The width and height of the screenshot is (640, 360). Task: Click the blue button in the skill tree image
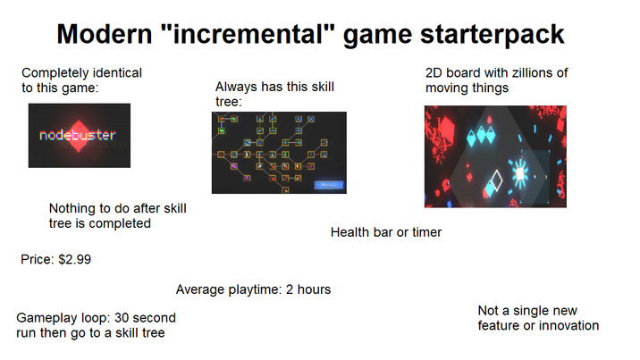pyautogui.click(x=327, y=184)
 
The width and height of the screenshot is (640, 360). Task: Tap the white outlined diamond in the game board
pyautogui.click(x=494, y=183)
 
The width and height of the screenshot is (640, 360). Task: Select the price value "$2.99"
pyautogui.click(x=74, y=260)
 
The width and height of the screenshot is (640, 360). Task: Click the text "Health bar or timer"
pyautogui.click(x=386, y=232)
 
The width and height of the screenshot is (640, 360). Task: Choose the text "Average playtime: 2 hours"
pyautogui.click(x=253, y=289)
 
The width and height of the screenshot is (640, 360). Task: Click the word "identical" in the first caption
pyautogui.click(x=114, y=72)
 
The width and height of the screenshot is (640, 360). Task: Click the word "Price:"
pyautogui.click(x=38, y=260)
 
